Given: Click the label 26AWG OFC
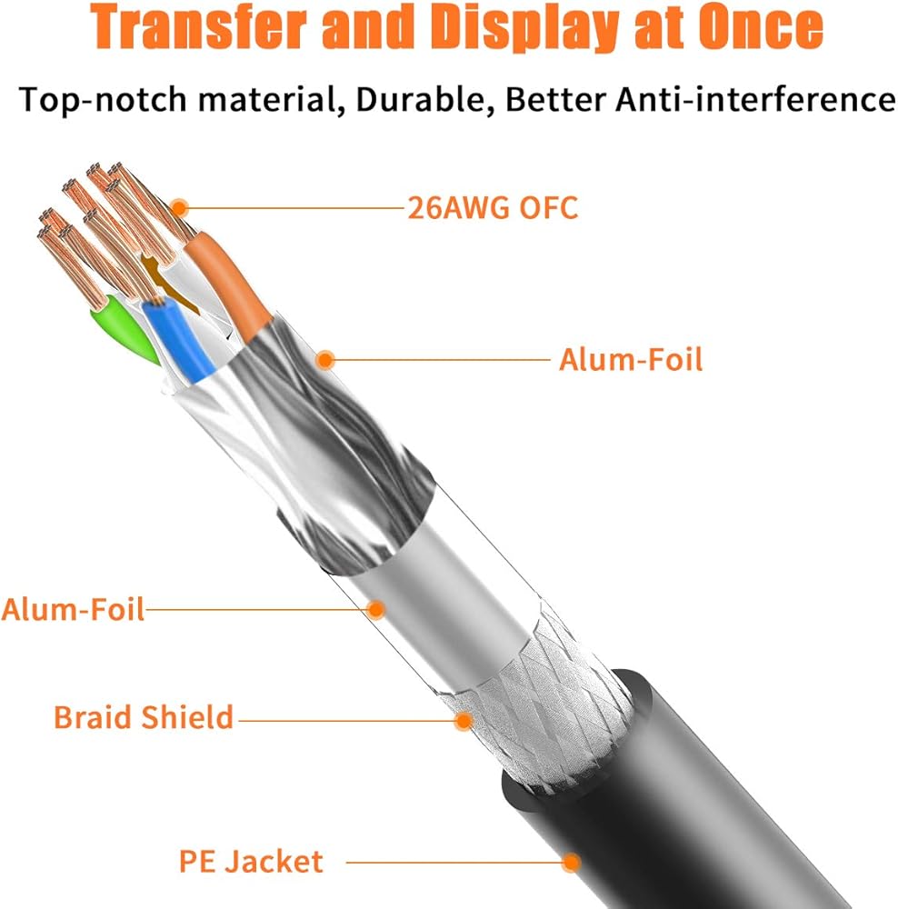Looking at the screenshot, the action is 493,207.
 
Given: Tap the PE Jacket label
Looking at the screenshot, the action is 251,862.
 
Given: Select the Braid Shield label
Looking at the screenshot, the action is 144,717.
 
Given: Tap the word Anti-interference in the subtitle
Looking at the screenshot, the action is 755,99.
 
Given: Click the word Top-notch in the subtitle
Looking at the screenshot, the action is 104,100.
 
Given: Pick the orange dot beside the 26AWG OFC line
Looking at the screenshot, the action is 180,207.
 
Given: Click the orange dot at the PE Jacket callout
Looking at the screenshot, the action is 571,862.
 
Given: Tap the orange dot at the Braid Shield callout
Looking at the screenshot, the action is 464,721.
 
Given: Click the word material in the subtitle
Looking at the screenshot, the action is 267,99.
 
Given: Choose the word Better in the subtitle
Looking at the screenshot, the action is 555,99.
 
